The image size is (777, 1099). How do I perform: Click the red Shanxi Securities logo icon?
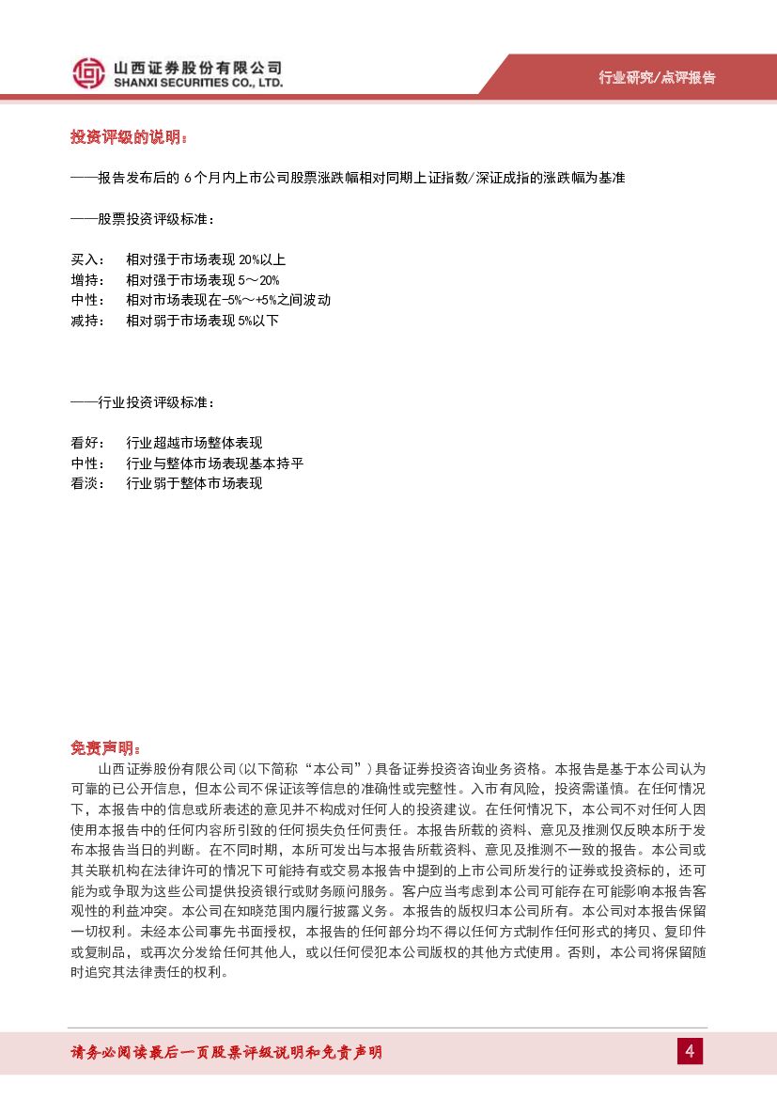coord(89,73)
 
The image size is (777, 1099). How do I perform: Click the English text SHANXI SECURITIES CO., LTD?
coord(197,84)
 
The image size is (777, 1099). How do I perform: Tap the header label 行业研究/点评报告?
coord(657,77)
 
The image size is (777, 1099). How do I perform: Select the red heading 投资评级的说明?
coord(129,137)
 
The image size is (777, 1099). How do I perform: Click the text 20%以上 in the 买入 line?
coord(262,259)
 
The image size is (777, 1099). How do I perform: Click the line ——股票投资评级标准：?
coord(143,219)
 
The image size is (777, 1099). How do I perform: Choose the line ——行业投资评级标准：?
coord(143,402)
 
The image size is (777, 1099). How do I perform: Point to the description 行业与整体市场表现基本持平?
coord(214,463)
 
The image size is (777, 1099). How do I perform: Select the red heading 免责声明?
coord(105,748)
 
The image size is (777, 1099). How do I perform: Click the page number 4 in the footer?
coord(690,1051)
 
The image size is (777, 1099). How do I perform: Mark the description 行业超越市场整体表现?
coord(194,443)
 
